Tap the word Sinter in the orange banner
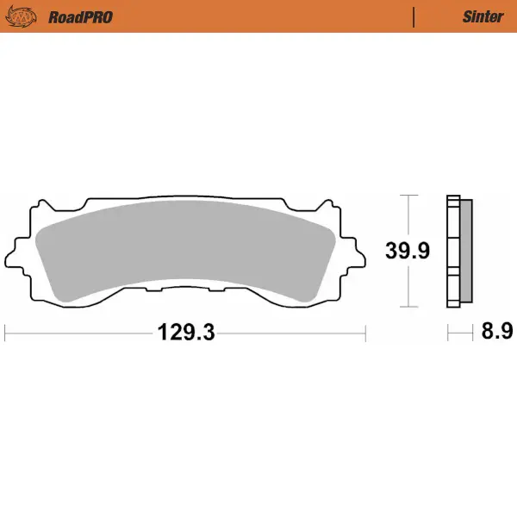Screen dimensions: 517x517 (x=483, y=16)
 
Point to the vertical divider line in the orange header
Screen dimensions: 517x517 (x=414, y=16)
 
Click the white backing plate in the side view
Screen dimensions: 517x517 (x=452, y=252)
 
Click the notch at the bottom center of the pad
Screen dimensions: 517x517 (x=185, y=290)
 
